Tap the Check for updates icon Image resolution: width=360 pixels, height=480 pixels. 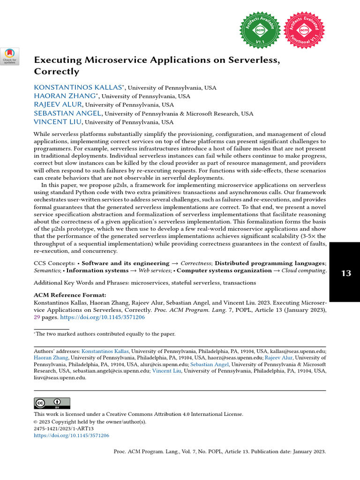coord(9,56)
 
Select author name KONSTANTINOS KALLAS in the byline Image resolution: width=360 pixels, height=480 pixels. coord(78,88)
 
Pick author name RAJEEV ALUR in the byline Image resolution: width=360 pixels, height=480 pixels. coord(58,105)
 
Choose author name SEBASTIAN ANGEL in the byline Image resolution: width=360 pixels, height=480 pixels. coord(67,113)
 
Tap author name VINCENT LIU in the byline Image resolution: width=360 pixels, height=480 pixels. coord(58,122)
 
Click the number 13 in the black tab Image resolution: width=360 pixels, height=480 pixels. coord(346,273)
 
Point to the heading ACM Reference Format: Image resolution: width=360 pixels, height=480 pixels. coord(70,295)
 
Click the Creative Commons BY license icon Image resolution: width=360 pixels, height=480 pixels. coord(52,403)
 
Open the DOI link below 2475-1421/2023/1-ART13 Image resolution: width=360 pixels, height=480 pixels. coord(71,435)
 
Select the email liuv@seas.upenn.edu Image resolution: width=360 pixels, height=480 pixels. coord(60,377)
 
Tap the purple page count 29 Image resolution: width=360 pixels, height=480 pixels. coord(37,317)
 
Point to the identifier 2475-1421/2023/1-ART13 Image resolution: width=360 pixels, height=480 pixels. coord(64,428)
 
